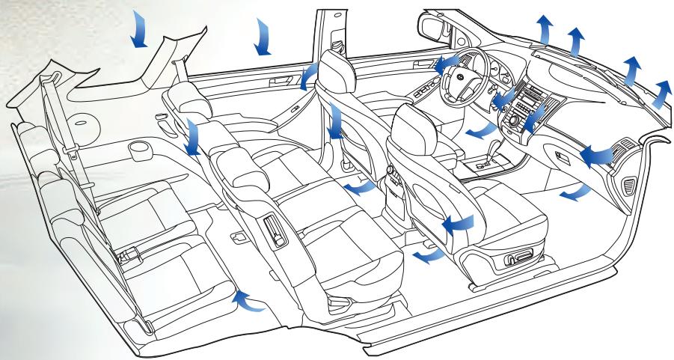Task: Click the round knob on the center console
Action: pos(513,120)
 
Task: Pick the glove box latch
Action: pos(562,155)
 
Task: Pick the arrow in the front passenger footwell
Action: pos(574,195)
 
